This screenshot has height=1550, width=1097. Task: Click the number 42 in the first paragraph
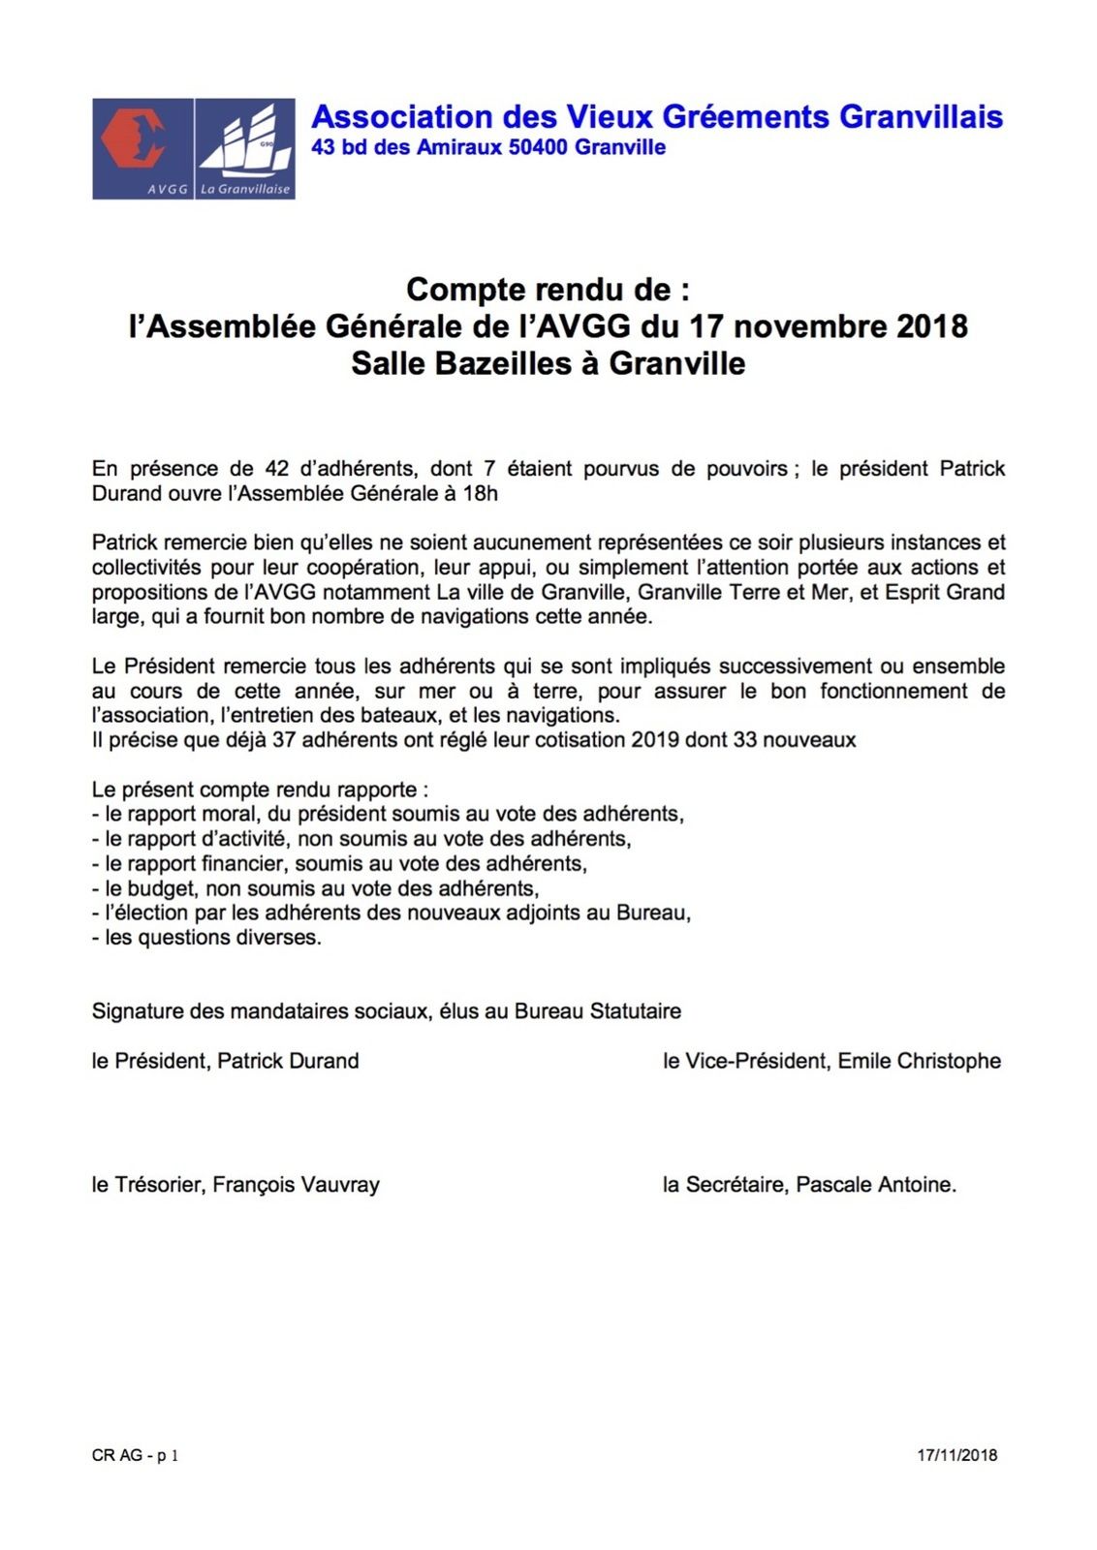(x=277, y=469)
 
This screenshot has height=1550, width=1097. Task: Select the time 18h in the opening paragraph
(x=481, y=494)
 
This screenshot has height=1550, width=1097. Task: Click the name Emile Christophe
(x=919, y=1062)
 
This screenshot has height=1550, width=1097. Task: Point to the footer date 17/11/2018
(x=957, y=1455)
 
